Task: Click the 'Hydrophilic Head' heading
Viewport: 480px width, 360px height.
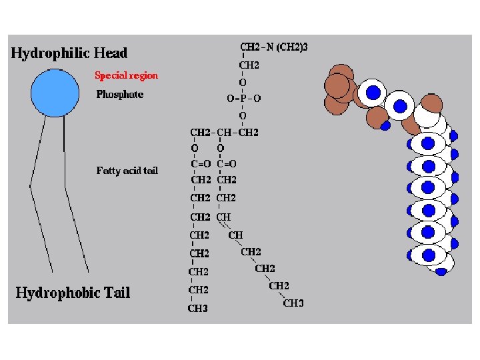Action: pyautogui.click(x=69, y=53)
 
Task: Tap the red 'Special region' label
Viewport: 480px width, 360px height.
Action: pyautogui.click(x=127, y=75)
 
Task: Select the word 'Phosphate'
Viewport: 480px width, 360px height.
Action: pyautogui.click(x=119, y=95)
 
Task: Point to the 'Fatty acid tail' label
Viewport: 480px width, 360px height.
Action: pyautogui.click(x=127, y=171)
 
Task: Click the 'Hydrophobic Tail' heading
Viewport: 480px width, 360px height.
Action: pyautogui.click(x=73, y=292)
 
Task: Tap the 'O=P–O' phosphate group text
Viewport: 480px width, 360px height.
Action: pyautogui.click(x=243, y=98)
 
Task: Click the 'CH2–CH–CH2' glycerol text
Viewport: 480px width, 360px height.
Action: pyautogui.click(x=224, y=132)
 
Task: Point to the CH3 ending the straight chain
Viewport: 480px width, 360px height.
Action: pyautogui.click(x=198, y=309)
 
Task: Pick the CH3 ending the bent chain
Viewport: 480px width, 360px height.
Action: pyautogui.click(x=293, y=303)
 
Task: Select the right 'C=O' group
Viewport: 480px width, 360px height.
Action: pyautogui.click(x=227, y=163)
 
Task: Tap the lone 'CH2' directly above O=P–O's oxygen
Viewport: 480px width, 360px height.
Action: pyautogui.click(x=249, y=65)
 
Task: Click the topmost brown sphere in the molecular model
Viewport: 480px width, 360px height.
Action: pyautogui.click(x=341, y=73)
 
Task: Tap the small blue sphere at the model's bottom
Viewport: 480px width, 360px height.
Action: pyautogui.click(x=441, y=271)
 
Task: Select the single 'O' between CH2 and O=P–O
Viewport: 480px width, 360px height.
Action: pyautogui.click(x=242, y=82)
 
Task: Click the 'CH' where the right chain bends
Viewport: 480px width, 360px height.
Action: pyautogui.click(x=235, y=235)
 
